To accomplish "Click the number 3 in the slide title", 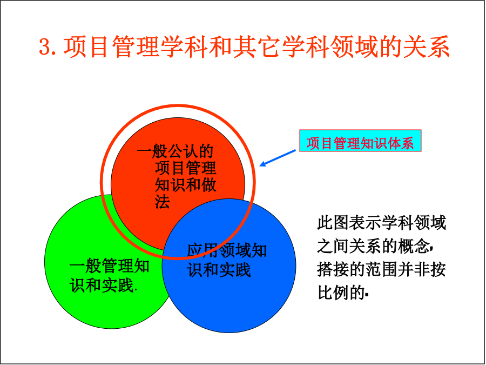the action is click(x=45, y=47).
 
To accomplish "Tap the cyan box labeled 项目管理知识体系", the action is click(x=360, y=141).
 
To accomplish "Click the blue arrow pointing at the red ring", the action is click(x=278, y=158).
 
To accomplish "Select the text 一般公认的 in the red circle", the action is click(x=175, y=151).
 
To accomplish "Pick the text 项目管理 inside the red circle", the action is click(x=185, y=168).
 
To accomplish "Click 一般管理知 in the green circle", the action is click(x=110, y=266).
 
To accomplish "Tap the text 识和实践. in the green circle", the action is click(x=104, y=284).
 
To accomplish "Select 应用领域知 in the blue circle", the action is click(x=227, y=250).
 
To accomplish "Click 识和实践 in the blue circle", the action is click(x=219, y=269).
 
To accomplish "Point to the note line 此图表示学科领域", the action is click(x=381, y=223).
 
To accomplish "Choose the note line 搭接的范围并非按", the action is click(x=381, y=269).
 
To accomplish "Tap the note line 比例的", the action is click(x=342, y=292).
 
